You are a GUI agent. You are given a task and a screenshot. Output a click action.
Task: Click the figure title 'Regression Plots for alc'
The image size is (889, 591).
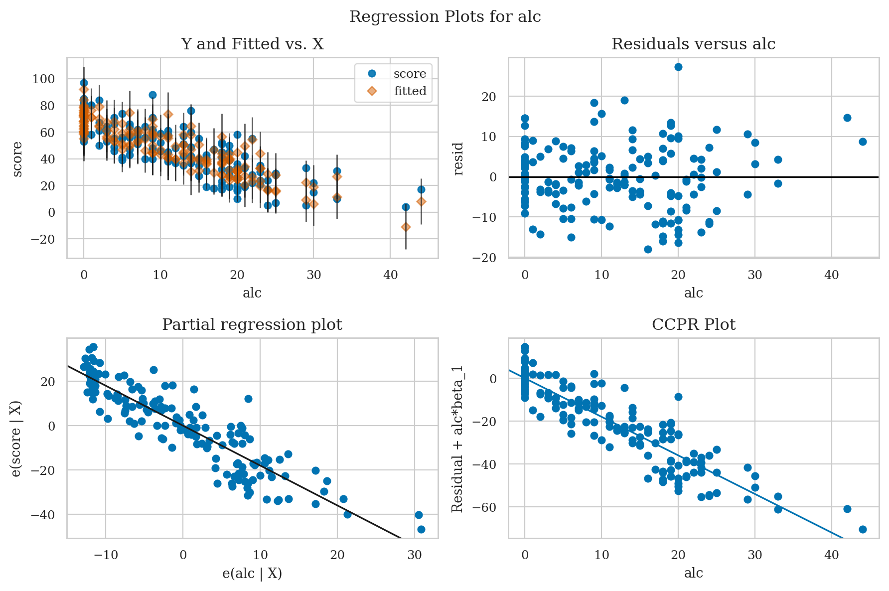(444, 17)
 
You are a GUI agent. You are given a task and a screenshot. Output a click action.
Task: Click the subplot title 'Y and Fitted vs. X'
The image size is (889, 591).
(252, 44)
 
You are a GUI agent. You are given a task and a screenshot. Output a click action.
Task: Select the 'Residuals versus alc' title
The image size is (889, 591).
(693, 44)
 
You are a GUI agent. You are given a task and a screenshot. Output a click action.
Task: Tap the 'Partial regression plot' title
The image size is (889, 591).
(252, 325)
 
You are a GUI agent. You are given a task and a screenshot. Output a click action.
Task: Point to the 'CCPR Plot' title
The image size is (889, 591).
(693, 325)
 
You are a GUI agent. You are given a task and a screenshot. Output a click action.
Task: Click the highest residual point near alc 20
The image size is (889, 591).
(678, 67)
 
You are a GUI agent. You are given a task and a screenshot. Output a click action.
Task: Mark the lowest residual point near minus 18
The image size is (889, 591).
(648, 249)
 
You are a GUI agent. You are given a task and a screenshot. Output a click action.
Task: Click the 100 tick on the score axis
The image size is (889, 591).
(43, 79)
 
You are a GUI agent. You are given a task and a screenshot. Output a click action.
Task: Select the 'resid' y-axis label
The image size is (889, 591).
(459, 158)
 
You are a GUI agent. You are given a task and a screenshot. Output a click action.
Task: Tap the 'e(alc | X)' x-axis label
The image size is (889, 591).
(252, 574)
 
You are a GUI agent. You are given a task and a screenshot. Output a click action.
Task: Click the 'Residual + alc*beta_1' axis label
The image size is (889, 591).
(457, 439)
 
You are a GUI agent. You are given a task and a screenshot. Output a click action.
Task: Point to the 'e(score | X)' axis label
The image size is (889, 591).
(16, 439)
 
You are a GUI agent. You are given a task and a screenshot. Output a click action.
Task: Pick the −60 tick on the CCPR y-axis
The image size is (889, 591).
(490, 507)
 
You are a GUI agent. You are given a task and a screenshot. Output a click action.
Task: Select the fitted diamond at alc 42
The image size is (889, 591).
(406, 227)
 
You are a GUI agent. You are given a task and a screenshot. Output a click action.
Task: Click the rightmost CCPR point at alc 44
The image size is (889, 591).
(863, 529)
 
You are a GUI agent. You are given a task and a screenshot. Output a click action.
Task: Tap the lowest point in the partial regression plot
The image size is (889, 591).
(421, 529)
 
